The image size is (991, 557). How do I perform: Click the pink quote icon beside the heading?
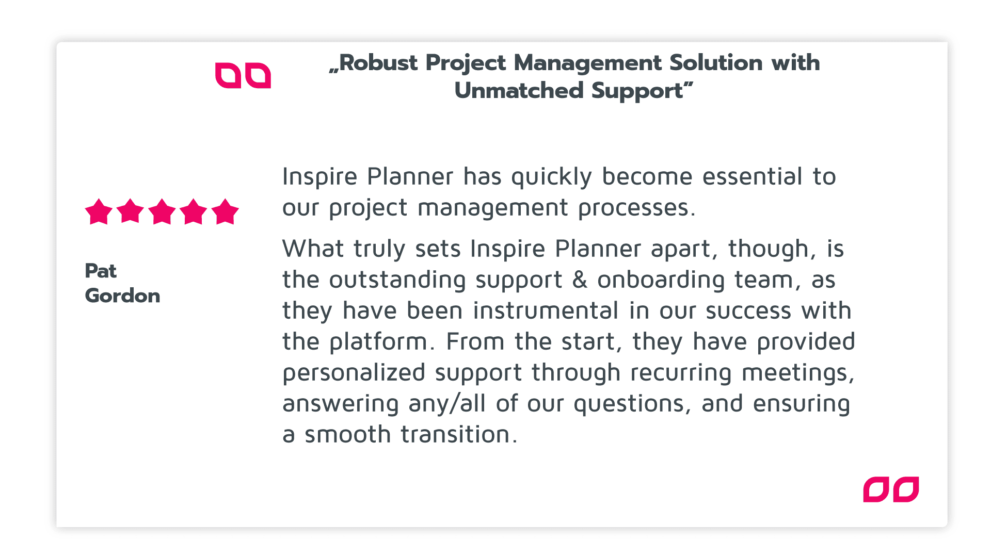coord(243,76)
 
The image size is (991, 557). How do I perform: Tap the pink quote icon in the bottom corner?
coord(891,489)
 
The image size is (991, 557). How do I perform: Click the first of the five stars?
coord(99,211)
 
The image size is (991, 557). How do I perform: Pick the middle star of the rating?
coord(162,211)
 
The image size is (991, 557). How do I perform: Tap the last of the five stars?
coord(226,211)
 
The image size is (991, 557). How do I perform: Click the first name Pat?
coord(101,271)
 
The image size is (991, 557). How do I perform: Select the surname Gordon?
coord(123,296)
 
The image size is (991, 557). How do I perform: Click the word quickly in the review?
coord(551,178)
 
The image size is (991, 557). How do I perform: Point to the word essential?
coord(753,176)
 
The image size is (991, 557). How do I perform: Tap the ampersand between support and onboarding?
coord(580,280)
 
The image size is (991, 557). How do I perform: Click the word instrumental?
coord(546,310)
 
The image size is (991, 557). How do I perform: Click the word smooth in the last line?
coord(348,434)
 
